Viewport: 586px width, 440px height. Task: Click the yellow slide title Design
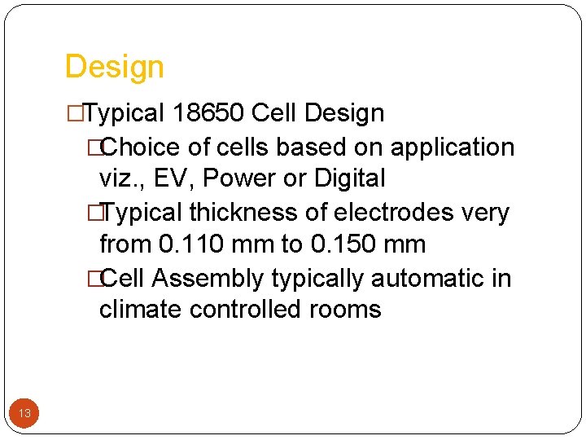click(x=114, y=67)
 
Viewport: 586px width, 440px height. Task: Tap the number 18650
click(x=209, y=113)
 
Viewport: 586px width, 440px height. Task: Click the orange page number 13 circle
click(x=24, y=413)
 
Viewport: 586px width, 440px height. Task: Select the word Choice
click(x=142, y=147)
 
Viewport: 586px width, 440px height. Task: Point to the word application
click(x=453, y=147)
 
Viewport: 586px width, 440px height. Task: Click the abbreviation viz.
click(x=120, y=178)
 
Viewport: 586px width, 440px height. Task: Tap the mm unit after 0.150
click(x=405, y=244)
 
